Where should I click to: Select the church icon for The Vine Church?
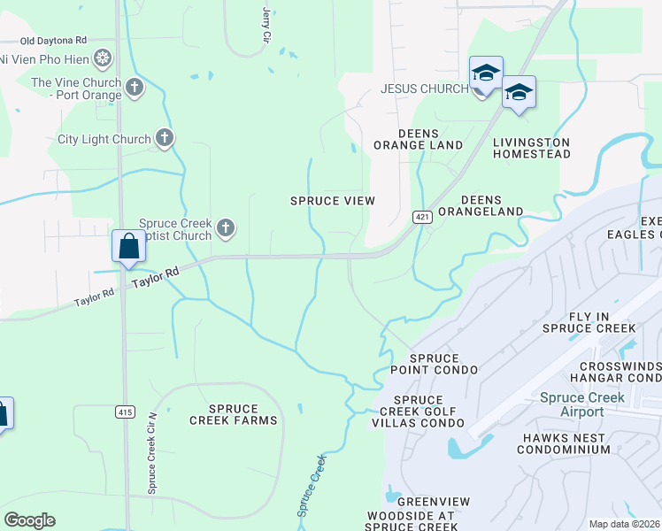(x=134, y=87)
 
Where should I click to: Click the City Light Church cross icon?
(x=164, y=137)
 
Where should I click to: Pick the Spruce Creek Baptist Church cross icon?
(x=226, y=228)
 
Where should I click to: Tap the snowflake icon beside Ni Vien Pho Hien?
(x=104, y=59)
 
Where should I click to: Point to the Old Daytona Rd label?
(x=54, y=41)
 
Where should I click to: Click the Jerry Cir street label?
(x=266, y=25)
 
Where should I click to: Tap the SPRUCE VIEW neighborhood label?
(x=333, y=201)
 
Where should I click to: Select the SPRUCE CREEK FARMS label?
(x=234, y=414)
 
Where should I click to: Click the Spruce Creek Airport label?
(x=581, y=404)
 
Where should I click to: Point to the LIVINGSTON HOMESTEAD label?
(x=531, y=148)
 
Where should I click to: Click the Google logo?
(x=29, y=520)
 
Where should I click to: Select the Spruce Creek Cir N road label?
(x=152, y=452)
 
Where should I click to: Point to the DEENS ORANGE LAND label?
(x=418, y=139)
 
